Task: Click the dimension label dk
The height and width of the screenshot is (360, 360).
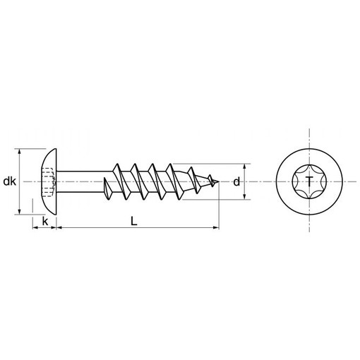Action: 10,181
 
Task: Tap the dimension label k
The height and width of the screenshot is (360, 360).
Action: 44,222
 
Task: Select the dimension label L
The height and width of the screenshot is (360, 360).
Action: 134,222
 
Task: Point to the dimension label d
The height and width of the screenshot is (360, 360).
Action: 236,182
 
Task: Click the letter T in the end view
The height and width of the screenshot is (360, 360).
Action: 309,181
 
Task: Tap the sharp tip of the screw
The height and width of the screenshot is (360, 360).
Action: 219,181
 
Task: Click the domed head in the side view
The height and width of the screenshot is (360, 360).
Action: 49,181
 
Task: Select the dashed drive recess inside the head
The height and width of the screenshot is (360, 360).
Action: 49,182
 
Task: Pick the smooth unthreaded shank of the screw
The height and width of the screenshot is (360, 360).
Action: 84,181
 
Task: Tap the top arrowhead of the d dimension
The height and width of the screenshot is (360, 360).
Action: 244,167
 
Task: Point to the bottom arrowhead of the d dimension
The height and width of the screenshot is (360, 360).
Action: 244,196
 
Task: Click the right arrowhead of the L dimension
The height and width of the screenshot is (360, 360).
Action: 216,227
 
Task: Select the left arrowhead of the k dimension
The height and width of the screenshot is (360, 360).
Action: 35,227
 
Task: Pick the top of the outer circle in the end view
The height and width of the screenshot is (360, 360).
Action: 309,148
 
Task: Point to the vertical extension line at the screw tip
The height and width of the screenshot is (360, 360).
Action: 219,205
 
